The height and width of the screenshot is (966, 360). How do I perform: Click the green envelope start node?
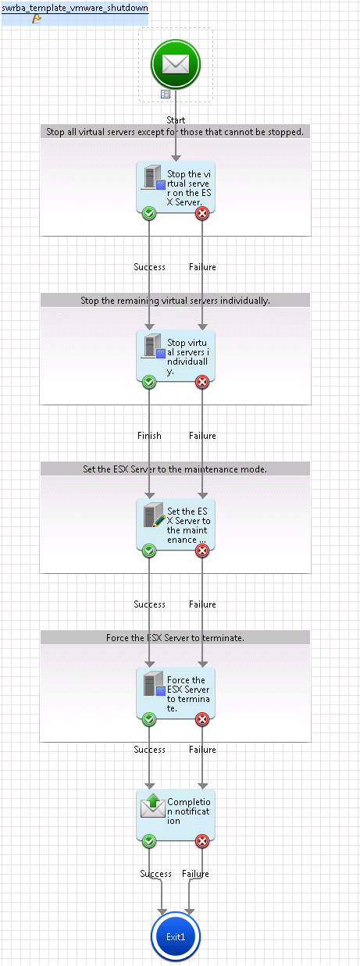click(x=176, y=64)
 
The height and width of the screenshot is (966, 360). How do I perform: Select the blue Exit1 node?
click(x=176, y=936)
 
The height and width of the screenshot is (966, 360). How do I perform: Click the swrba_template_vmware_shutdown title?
click(x=75, y=8)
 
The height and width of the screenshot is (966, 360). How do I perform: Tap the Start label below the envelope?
click(x=176, y=120)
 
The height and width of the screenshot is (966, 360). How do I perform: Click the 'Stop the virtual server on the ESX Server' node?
click(x=176, y=187)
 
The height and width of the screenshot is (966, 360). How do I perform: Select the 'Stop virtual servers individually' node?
click(x=176, y=356)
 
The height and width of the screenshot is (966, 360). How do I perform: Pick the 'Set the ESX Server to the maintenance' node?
click(x=176, y=525)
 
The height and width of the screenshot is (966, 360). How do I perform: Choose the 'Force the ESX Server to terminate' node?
click(x=176, y=693)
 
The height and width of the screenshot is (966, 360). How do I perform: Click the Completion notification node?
click(x=176, y=815)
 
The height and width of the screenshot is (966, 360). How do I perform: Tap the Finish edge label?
click(x=149, y=436)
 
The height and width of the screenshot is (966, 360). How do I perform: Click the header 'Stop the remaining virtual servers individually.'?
click(x=175, y=301)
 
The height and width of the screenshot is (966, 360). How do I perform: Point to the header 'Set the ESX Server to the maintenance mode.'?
click(x=175, y=469)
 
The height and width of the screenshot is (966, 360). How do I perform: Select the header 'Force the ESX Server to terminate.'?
click(x=175, y=638)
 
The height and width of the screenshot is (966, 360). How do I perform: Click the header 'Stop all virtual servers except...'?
click(x=175, y=132)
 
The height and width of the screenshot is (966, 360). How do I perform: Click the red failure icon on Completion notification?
click(x=202, y=841)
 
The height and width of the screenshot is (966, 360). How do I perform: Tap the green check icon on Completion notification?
click(x=149, y=841)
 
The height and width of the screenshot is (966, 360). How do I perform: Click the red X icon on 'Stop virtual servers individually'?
click(x=202, y=382)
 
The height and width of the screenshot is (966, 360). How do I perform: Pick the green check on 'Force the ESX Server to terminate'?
click(x=149, y=719)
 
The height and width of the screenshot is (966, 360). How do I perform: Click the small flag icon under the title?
click(x=37, y=19)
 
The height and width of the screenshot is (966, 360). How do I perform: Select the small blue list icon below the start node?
click(x=166, y=94)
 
